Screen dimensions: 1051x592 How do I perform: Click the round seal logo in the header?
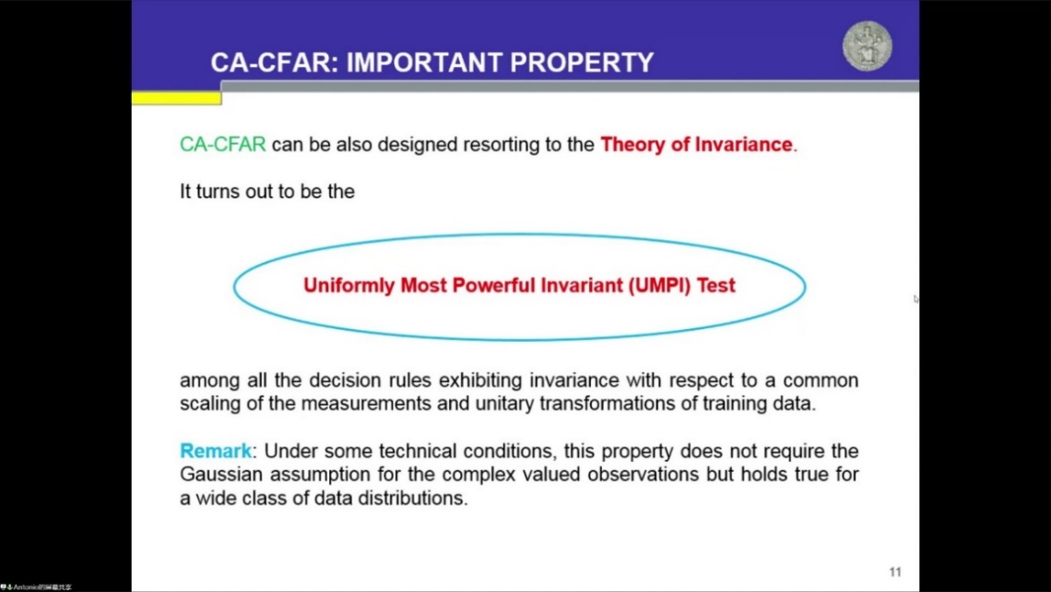point(867,45)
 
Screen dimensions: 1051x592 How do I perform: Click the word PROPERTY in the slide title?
point(582,63)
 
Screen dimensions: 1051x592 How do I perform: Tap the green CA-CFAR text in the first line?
point(223,145)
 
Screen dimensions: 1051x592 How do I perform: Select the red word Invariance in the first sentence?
point(744,145)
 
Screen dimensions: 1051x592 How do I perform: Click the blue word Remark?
point(215,450)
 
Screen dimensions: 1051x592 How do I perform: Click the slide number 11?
point(895,572)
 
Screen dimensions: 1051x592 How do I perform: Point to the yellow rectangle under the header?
point(176,98)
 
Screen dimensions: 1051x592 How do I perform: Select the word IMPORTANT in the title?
point(425,63)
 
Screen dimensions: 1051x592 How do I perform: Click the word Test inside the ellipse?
point(716,286)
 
